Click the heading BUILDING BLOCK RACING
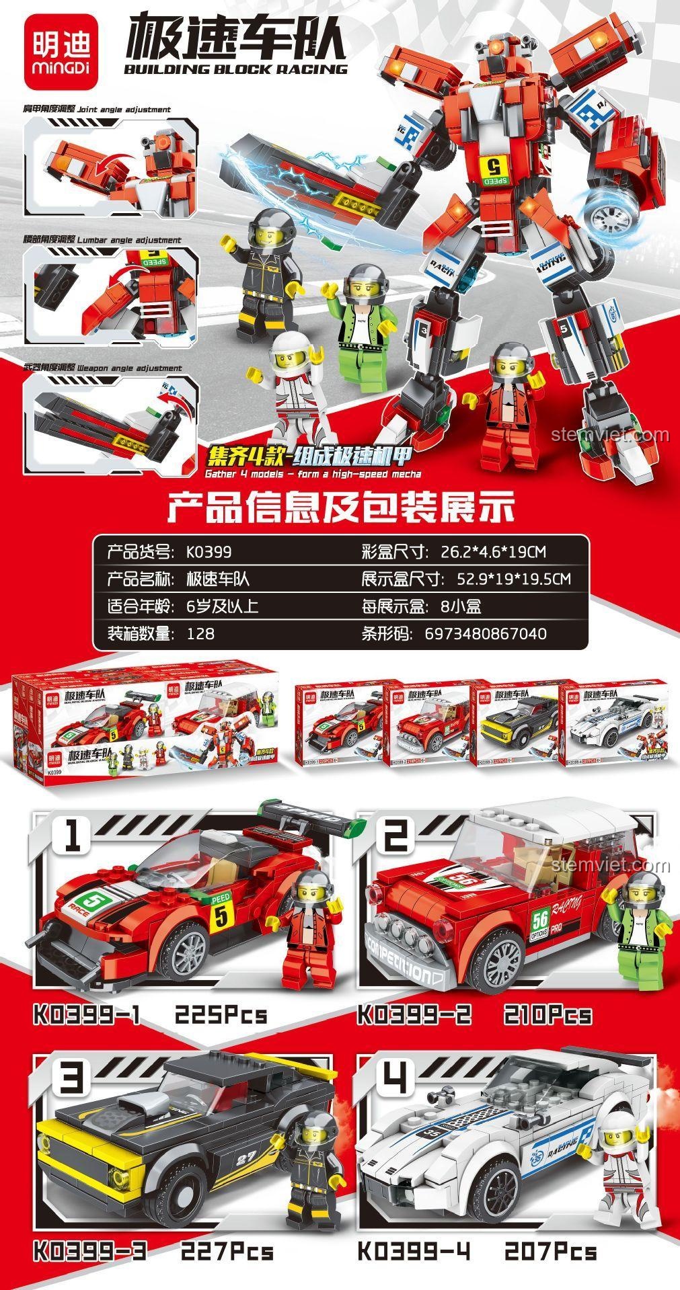pyautogui.click(x=237, y=69)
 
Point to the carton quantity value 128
pyautogui.click(x=200, y=633)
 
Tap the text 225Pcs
pyautogui.click(x=221, y=1014)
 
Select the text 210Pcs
pyautogui.click(x=547, y=1014)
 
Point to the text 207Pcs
pyautogui.click(x=550, y=1252)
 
